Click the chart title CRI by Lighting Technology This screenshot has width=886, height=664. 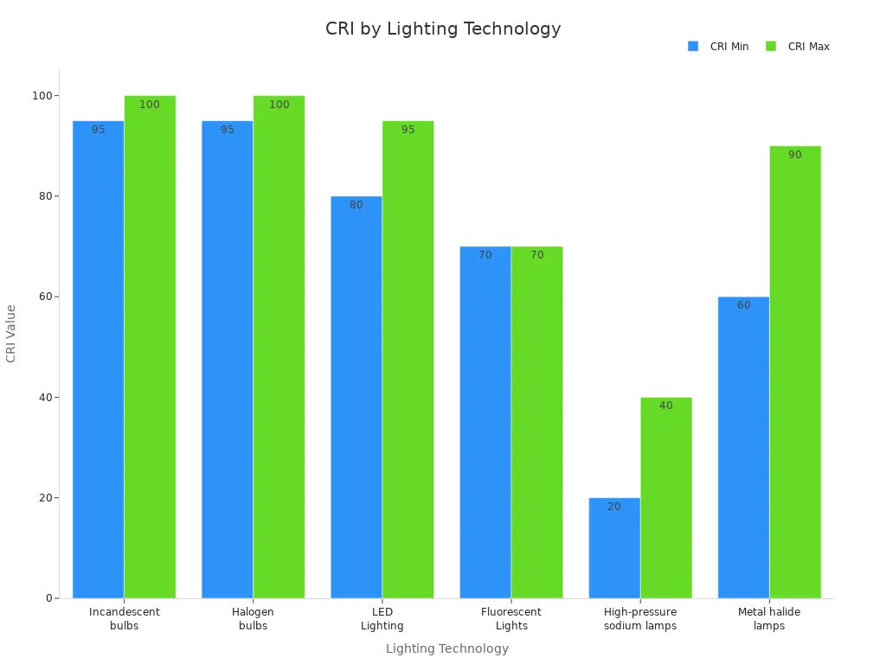(443, 29)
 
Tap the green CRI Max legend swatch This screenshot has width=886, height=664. (771, 47)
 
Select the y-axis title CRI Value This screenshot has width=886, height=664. (11, 333)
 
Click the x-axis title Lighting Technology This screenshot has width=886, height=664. (446, 648)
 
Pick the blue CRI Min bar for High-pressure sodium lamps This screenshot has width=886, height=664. (614, 548)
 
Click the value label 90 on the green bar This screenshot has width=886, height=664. (794, 155)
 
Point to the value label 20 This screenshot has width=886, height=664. (613, 507)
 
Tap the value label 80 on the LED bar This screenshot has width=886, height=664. (356, 205)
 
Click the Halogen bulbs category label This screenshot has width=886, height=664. (253, 618)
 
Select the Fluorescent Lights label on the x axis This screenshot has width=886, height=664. (510, 618)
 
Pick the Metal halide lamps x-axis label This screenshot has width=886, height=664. (768, 618)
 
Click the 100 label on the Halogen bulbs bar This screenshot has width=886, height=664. (279, 105)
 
